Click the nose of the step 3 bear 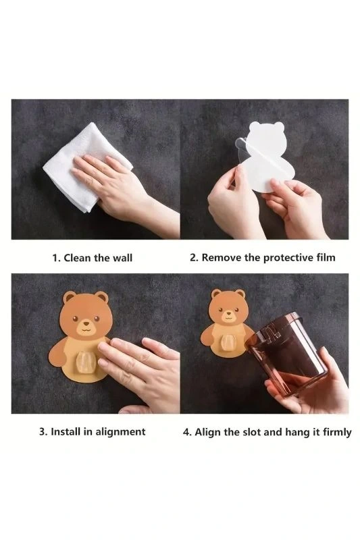[86, 323]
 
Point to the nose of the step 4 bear [228, 314]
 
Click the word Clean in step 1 [79, 258]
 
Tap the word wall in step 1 [122, 258]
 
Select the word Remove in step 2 [221, 257]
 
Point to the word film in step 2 [326, 257]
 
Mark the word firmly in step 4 [337, 433]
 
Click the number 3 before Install [43, 432]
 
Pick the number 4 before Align [186, 432]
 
